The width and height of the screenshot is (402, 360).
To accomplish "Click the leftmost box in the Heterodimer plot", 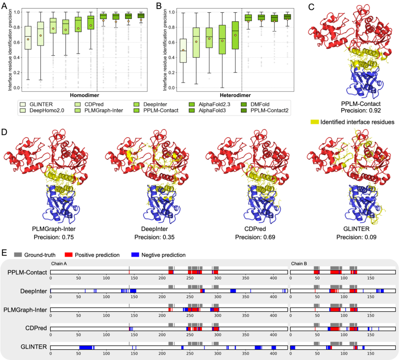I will click(183, 51).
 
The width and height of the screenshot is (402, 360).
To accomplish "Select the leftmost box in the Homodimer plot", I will click(28, 38).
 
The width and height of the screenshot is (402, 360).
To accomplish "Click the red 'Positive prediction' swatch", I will click(69, 255).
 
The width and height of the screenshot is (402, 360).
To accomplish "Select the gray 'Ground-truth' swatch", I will click(18, 255).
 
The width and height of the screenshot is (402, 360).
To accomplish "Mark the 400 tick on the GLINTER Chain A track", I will click(273, 353).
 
